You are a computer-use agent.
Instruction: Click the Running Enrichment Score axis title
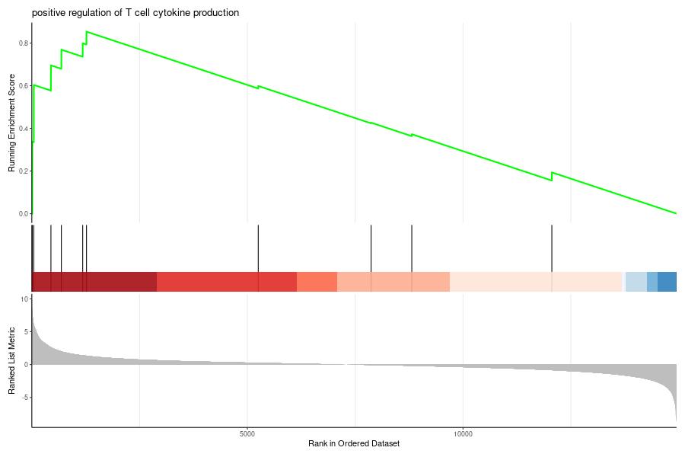12,123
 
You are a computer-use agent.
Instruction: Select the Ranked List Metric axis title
12,360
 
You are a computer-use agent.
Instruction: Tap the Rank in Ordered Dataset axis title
354,443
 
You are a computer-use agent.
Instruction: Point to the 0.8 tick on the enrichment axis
24,43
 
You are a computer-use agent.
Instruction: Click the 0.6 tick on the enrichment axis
24,86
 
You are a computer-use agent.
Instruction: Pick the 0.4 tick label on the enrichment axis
24,129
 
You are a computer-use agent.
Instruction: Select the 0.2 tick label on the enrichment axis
24,171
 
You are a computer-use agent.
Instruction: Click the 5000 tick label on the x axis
247,434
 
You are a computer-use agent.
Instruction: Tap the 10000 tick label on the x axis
463,434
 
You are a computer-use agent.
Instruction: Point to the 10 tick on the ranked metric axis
24,299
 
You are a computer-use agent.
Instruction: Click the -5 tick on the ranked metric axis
24,398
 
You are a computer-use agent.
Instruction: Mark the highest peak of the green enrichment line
87,32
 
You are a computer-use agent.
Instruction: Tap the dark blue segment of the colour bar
667,281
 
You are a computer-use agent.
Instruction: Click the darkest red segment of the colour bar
94,281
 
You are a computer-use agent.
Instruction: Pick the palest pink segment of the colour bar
536,281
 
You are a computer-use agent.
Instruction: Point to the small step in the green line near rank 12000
552,176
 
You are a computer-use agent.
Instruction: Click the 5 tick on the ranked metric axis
24,332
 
